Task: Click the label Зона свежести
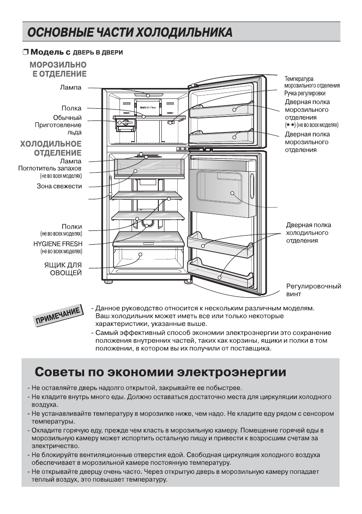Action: (x=60, y=186)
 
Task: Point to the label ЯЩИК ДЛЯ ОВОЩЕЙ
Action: (x=65, y=268)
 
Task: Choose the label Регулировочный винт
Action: (x=313, y=290)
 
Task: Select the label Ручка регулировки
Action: (x=305, y=93)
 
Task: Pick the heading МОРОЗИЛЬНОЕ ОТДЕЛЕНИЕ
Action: (x=58, y=69)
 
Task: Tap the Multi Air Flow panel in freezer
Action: (x=148, y=106)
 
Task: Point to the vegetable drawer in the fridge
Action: (x=140, y=259)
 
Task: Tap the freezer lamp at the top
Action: (x=148, y=95)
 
